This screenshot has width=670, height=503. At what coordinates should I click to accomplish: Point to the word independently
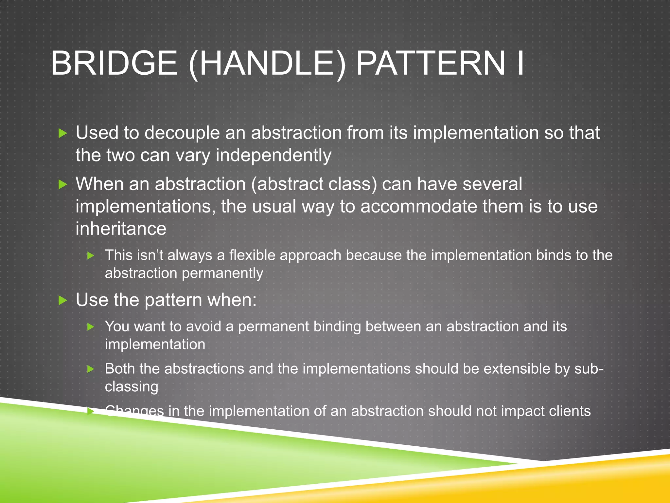tap(273, 156)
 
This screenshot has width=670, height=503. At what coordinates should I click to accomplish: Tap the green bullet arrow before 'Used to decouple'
tap(62, 133)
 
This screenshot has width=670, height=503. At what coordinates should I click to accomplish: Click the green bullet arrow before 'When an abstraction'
tap(62, 184)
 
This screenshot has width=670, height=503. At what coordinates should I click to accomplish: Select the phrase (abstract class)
tap(314, 184)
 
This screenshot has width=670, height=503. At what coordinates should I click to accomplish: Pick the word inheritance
tap(121, 229)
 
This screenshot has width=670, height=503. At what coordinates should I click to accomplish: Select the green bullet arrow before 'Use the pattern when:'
tap(62, 300)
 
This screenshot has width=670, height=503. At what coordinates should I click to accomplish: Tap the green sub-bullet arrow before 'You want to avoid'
tap(91, 327)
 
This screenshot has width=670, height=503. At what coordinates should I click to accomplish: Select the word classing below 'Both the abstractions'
tap(132, 387)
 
